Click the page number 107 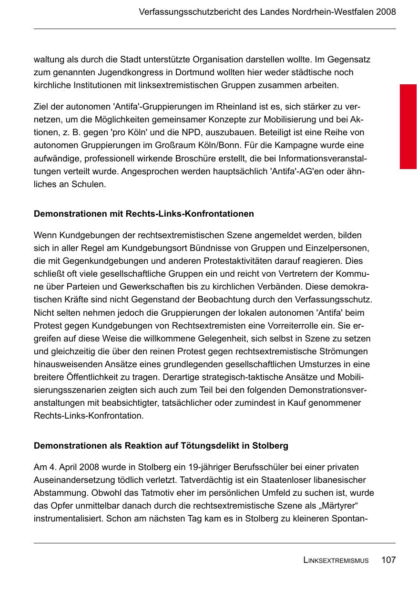(x=388, y=560)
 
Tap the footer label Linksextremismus (x=336, y=561)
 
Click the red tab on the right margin (x=408, y=127)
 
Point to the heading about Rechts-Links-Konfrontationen (x=143, y=214)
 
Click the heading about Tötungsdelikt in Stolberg (x=161, y=446)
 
